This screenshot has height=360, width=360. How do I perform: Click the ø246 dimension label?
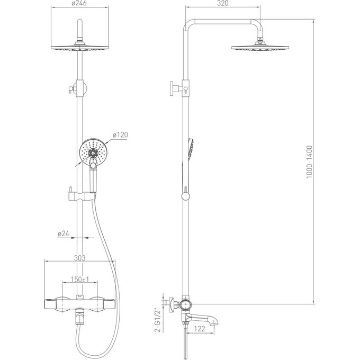click(79, 3)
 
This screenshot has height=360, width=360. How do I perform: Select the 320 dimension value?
click(222, 3)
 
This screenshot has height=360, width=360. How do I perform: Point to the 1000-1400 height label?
click(310, 161)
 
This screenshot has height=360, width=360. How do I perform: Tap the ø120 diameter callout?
click(120, 135)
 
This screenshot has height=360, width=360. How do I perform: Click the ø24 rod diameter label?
click(63, 233)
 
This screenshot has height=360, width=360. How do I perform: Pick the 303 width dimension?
click(79, 258)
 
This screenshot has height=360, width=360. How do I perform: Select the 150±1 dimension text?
click(80, 279)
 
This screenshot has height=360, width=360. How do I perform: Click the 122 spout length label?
click(200, 329)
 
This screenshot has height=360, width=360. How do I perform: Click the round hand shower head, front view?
click(93, 152)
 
